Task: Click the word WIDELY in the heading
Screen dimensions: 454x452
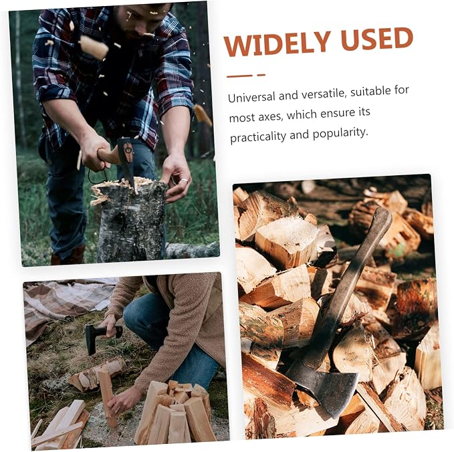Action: pyautogui.click(x=277, y=43)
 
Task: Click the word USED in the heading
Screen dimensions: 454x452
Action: pyautogui.click(x=376, y=39)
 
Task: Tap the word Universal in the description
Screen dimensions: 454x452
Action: pyautogui.click(x=251, y=97)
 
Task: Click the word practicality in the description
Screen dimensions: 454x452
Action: pyautogui.click(x=257, y=136)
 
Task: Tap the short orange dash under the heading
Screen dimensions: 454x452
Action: pyautogui.click(x=261, y=75)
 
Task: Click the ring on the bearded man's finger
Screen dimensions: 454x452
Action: pyautogui.click(x=185, y=180)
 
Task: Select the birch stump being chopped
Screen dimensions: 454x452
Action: pyautogui.click(x=129, y=220)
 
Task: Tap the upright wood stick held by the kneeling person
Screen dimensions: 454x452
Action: pyautogui.click(x=107, y=395)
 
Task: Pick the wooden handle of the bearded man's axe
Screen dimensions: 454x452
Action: pyautogui.click(x=108, y=155)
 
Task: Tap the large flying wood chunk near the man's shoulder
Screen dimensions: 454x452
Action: pyautogui.click(x=93, y=47)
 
